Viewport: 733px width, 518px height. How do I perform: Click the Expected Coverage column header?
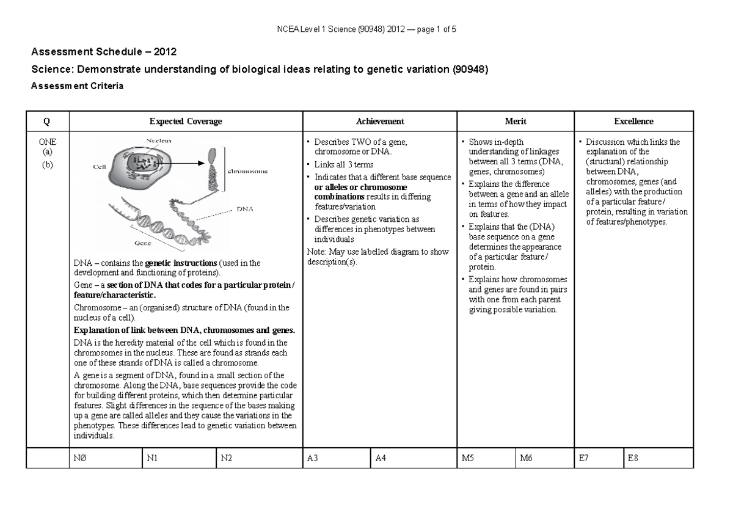[186, 122]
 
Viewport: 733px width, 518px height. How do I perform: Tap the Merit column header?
[516, 122]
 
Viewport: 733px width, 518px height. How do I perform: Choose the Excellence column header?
[634, 122]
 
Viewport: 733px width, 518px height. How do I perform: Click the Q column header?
[47, 122]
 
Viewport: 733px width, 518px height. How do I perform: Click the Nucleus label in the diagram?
[158, 140]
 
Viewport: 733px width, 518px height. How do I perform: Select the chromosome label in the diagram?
[247, 172]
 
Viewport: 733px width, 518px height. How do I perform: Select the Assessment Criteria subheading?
[77, 86]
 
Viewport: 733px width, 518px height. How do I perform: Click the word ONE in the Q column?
[47, 142]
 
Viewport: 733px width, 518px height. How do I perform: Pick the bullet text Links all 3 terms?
[343, 165]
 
